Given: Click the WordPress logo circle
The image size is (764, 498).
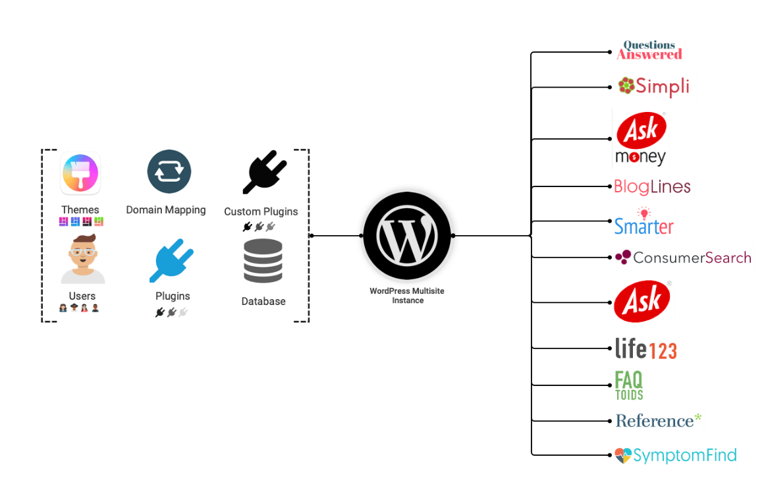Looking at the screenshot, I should (x=406, y=235).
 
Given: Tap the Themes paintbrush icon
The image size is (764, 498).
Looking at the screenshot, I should (x=80, y=173).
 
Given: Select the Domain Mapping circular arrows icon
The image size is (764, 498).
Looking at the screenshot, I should (x=169, y=172).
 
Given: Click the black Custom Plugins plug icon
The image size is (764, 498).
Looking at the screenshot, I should (x=264, y=172).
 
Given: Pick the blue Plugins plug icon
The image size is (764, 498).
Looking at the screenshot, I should (x=171, y=261).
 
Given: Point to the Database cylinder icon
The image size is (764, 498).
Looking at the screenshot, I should (x=263, y=262).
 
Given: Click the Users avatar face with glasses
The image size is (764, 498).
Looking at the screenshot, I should (x=83, y=259).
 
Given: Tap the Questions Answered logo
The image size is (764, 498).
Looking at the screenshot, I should (x=649, y=51).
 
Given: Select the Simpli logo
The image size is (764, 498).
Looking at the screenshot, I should (x=653, y=86).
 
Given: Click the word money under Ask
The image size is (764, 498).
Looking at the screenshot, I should (x=640, y=157).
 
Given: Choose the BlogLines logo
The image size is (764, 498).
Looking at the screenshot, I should (x=651, y=186).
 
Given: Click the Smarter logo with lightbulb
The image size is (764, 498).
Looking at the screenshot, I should (x=643, y=222).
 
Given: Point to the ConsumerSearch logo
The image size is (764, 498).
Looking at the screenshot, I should (x=682, y=258).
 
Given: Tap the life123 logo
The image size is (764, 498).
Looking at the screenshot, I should (x=645, y=348).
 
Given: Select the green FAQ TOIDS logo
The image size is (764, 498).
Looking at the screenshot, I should (x=628, y=385).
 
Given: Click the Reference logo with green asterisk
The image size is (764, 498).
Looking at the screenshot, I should (x=658, y=420).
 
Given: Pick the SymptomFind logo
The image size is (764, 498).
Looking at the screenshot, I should (x=675, y=455).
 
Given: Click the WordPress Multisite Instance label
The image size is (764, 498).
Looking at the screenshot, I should (x=406, y=296).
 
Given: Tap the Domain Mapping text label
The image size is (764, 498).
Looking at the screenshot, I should (x=166, y=210).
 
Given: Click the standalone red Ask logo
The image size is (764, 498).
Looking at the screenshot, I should (x=642, y=302).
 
